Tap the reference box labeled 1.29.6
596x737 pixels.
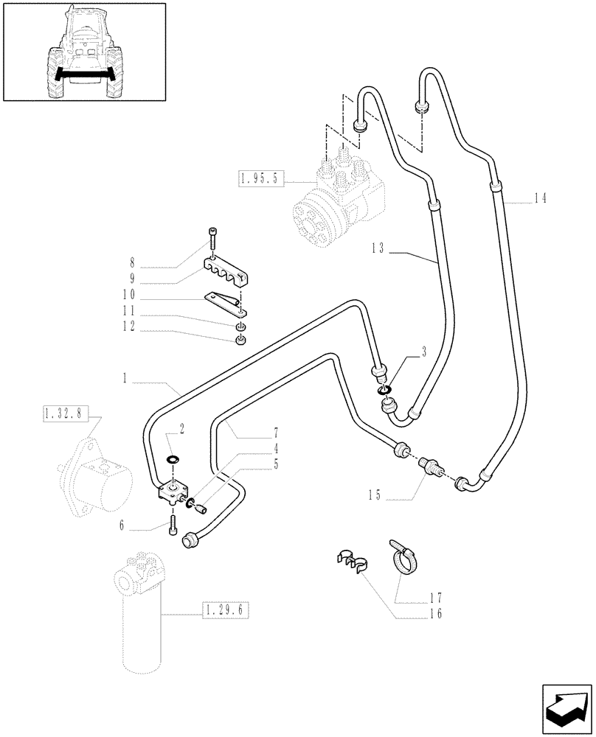click(226, 611)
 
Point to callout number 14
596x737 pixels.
click(541, 198)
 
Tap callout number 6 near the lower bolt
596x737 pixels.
click(131, 526)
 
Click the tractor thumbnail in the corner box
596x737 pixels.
click(83, 52)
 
